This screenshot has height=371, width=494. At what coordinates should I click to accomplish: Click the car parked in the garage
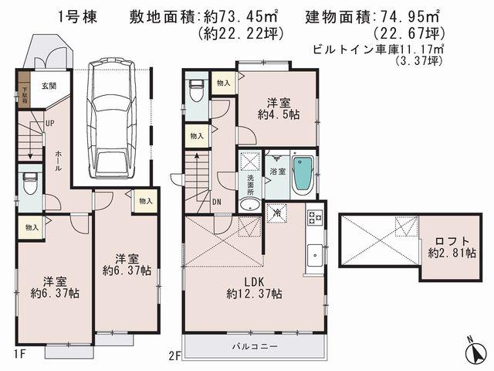pyautogui.click(x=111, y=120)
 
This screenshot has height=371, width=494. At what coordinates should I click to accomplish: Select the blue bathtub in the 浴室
pyautogui.click(x=304, y=175)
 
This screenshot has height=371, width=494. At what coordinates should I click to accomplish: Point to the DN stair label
pyautogui.click(x=218, y=203)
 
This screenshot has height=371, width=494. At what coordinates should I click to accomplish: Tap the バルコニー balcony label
pyautogui.click(x=254, y=347)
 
